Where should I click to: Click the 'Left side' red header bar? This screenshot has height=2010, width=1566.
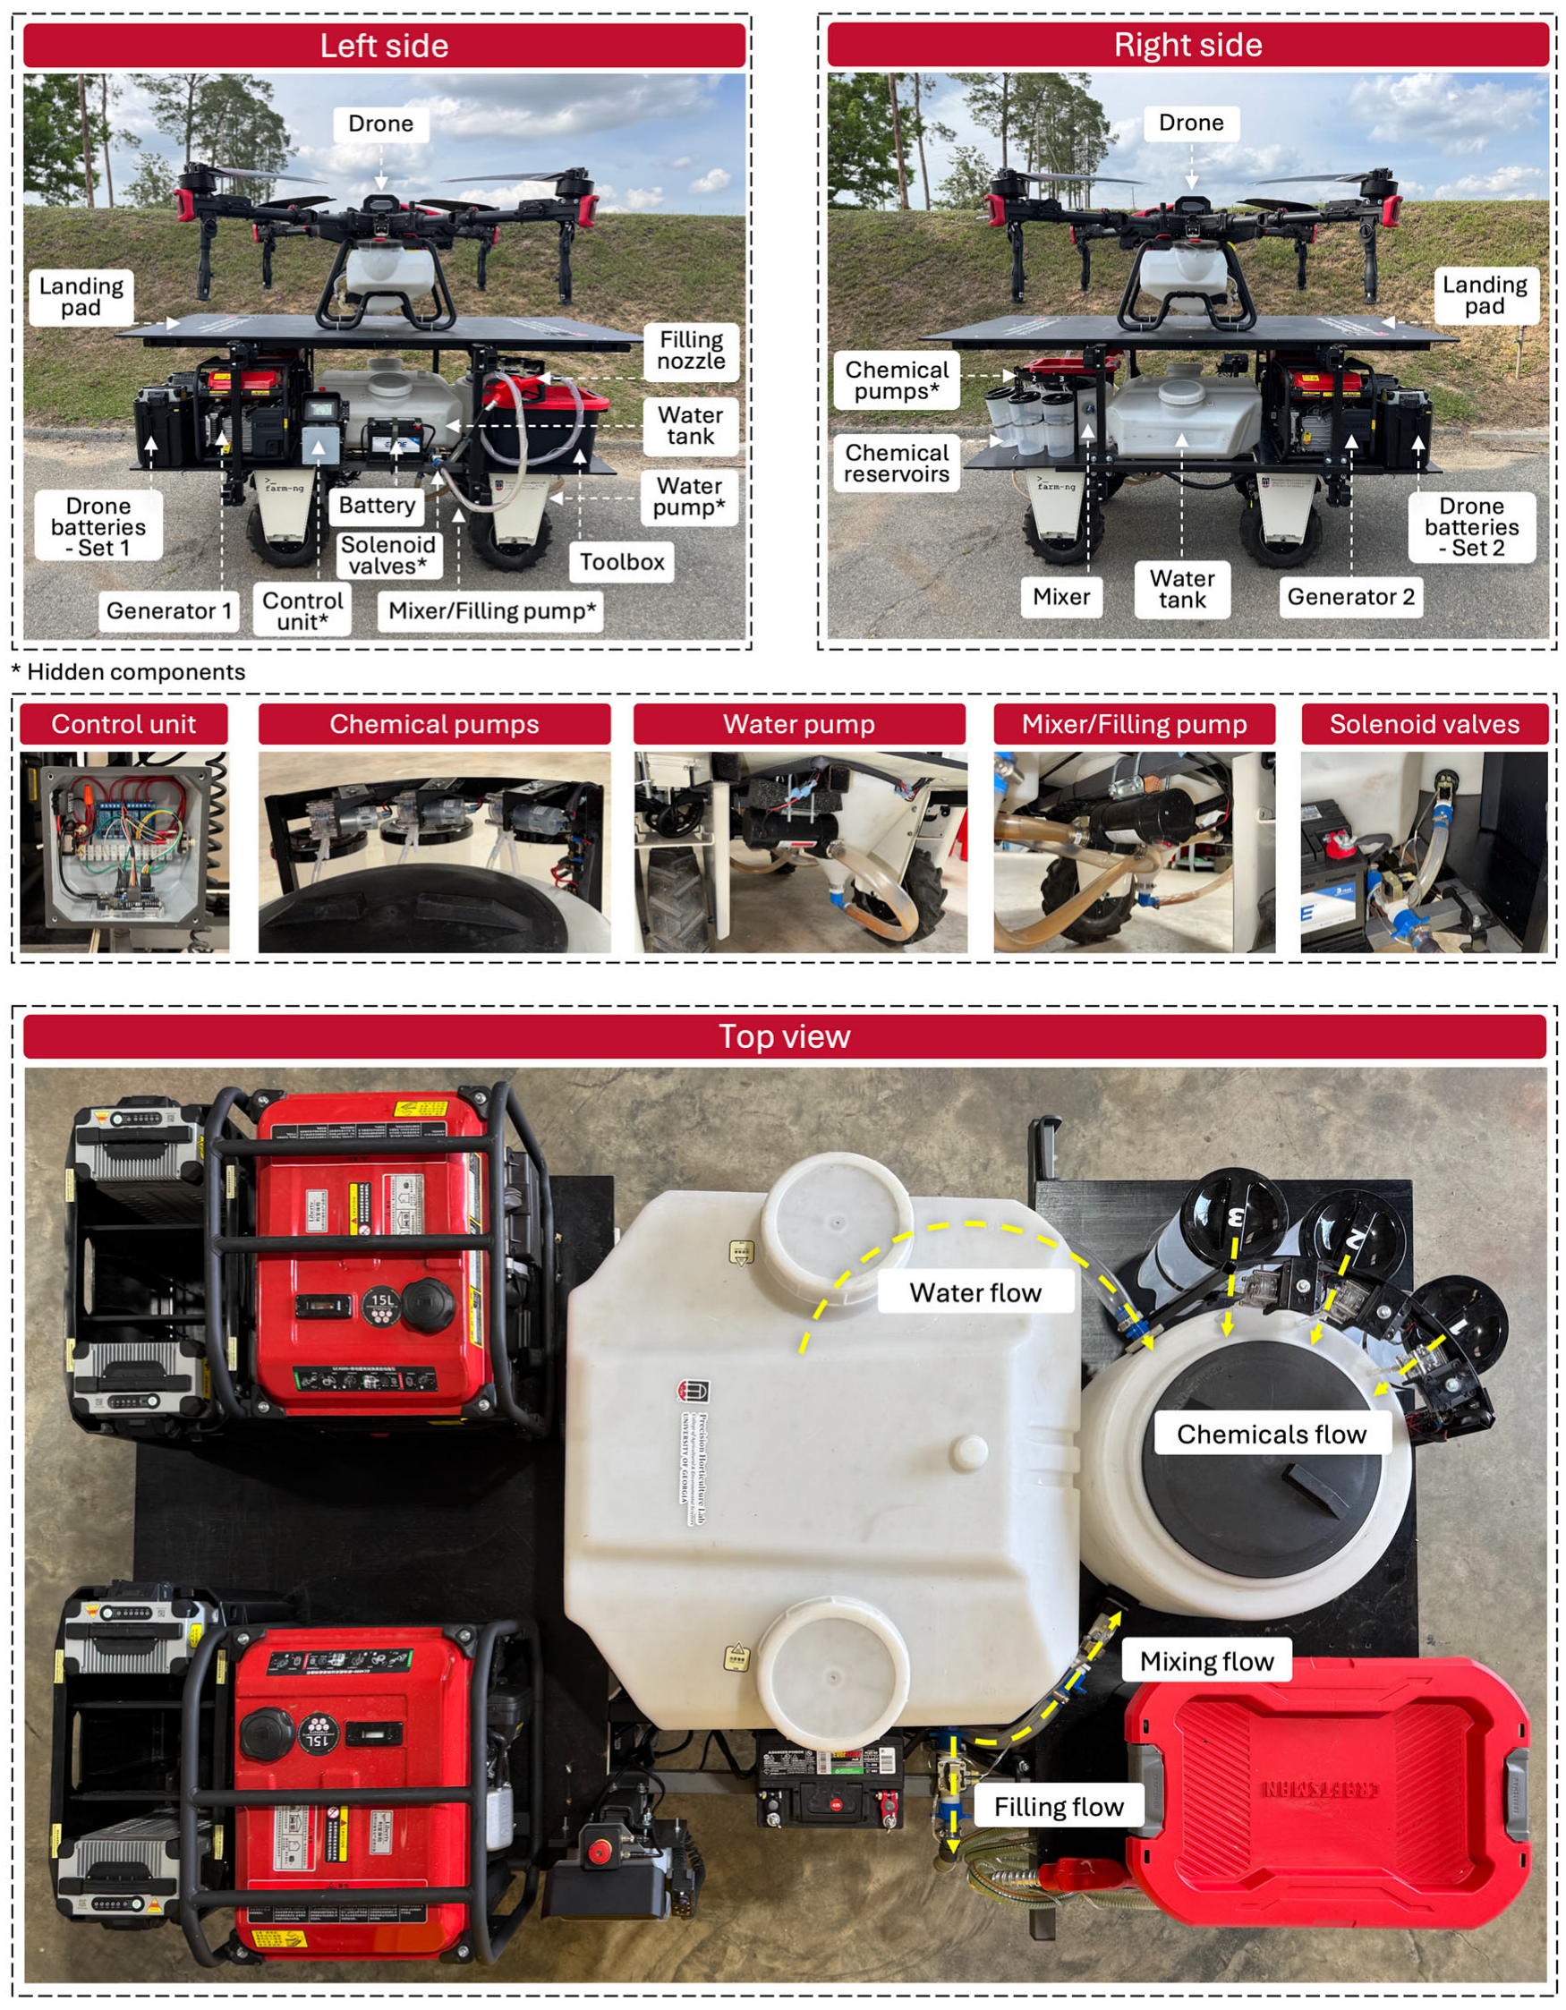click(384, 46)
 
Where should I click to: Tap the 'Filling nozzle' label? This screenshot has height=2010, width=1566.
click(690, 351)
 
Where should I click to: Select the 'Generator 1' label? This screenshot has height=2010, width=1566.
click(168, 610)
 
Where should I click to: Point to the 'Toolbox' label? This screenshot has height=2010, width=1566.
click(621, 561)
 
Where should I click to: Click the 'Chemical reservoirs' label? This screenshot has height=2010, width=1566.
click(896, 463)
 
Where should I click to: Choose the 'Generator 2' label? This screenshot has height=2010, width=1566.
click(1349, 596)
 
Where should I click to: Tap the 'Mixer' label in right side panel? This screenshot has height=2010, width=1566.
click(1061, 596)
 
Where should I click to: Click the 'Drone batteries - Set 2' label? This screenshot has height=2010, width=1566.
click(1471, 526)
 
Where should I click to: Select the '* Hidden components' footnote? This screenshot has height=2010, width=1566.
click(129, 672)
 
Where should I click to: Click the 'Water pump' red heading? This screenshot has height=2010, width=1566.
click(798, 724)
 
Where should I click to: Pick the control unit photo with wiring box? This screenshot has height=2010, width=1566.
click(124, 851)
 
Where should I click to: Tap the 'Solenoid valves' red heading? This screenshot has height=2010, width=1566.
click(1424, 724)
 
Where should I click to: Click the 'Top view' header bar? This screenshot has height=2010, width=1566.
click(784, 1036)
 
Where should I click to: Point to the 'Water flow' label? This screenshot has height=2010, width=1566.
click(975, 1292)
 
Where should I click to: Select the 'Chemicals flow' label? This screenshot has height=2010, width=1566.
click(1271, 1434)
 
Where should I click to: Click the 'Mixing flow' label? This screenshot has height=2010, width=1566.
click(1206, 1661)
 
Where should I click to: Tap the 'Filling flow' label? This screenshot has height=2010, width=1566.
click(1058, 1807)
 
